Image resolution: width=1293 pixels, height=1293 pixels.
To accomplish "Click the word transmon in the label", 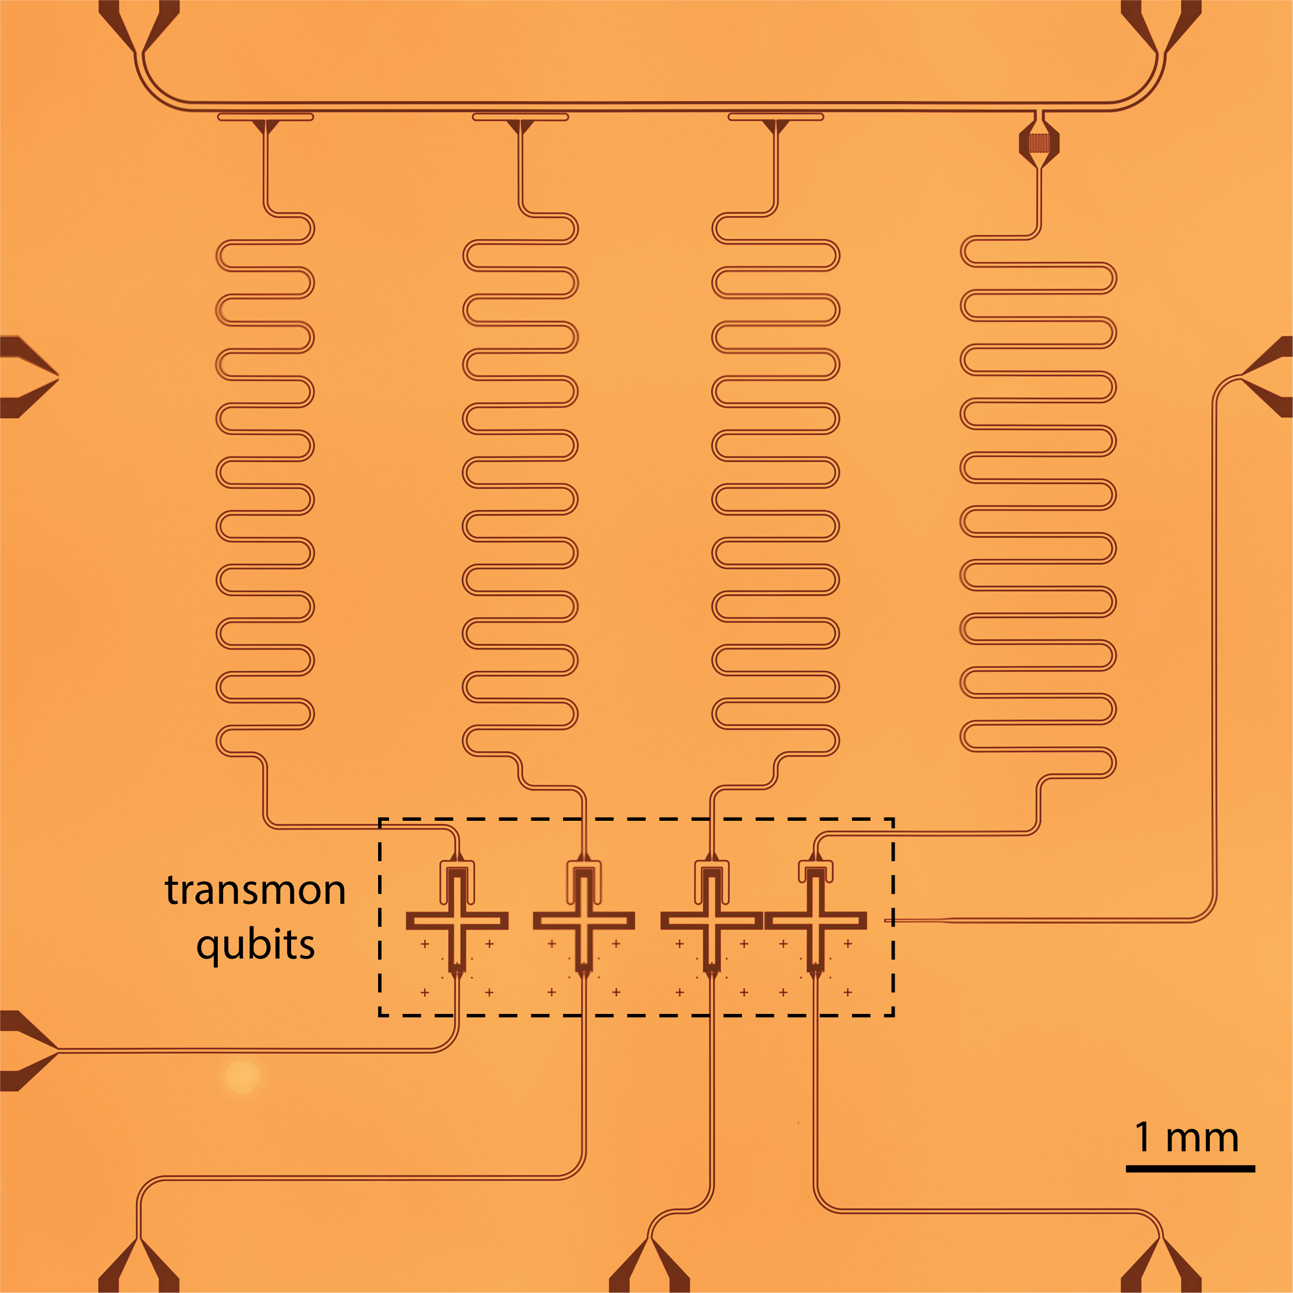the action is pyautogui.click(x=255, y=891).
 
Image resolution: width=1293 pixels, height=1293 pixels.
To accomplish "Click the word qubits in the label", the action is pyautogui.click(x=255, y=945).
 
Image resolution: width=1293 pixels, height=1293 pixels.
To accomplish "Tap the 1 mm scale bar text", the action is pyautogui.click(x=1186, y=1137).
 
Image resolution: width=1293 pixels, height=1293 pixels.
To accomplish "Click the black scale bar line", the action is pyautogui.click(x=1190, y=1169).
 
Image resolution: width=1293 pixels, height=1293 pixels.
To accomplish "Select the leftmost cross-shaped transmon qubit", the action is pyautogui.click(x=457, y=921).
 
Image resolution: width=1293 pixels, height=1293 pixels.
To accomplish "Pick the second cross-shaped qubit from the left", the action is pyautogui.click(x=584, y=921).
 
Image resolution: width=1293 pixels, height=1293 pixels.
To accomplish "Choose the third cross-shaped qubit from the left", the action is pyautogui.click(x=711, y=921).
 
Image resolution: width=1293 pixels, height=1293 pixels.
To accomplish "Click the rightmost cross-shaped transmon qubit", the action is pyautogui.click(x=815, y=921).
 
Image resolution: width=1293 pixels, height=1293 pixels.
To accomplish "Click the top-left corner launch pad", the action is pyautogui.click(x=138, y=27).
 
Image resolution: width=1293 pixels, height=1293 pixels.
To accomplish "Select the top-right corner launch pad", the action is pyautogui.click(x=1161, y=27).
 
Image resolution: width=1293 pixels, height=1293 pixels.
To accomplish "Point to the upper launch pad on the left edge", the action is pyautogui.click(x=27, y=378).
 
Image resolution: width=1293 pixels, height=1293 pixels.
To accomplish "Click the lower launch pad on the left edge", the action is pyautogui.click(x=27, y=1051).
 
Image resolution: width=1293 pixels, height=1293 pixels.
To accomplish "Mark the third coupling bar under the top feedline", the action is pyautogui.click(x=776, y=117).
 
